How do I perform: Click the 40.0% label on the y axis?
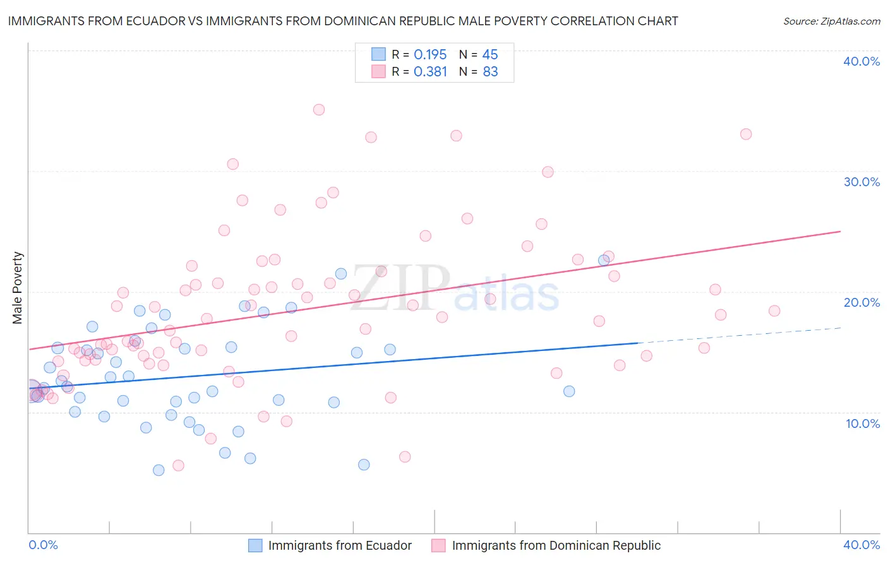pos(861,61)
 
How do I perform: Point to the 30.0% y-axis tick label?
pos(861,182)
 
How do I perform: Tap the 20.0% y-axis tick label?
pos(861,302)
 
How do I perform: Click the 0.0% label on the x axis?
pos(43,545)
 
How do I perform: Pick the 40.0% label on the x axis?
pos(861,545)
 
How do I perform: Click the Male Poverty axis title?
pos(18,288)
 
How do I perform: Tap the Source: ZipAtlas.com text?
pos(831,21)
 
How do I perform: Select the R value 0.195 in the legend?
pos(430,54)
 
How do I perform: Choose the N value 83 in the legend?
pos(490,72)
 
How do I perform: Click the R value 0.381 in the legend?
pos(430,72)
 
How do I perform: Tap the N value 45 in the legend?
pos(490,54)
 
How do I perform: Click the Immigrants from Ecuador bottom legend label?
pos(340,545)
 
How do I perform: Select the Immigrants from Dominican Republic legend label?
pos(556,545)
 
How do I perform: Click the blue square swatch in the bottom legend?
pos(255,545)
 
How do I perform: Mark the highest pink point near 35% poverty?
pos(319,110)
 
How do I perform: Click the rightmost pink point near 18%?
pos(774,311)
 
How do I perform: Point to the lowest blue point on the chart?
pos(159,470)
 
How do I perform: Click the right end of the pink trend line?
pos(840,232)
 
